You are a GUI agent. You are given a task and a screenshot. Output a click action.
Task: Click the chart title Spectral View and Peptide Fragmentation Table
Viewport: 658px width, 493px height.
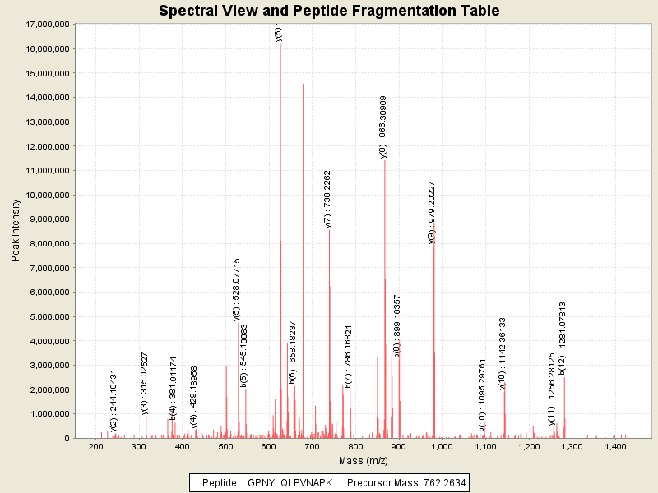pyautogui.click(x=329, y=11)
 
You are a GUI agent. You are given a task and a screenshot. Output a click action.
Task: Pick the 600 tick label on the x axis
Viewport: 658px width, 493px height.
pyautogui.click(x=269, y=447)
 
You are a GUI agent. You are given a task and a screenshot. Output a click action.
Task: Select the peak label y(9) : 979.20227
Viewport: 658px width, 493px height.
pyautogui.click(x=432, y=212)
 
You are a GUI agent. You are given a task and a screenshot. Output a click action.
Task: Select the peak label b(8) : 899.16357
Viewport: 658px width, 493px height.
pyautogui.click(x=397, y=325)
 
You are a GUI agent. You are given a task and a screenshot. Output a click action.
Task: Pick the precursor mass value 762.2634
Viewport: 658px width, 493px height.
pyautogui.click(x=439, y=482)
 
